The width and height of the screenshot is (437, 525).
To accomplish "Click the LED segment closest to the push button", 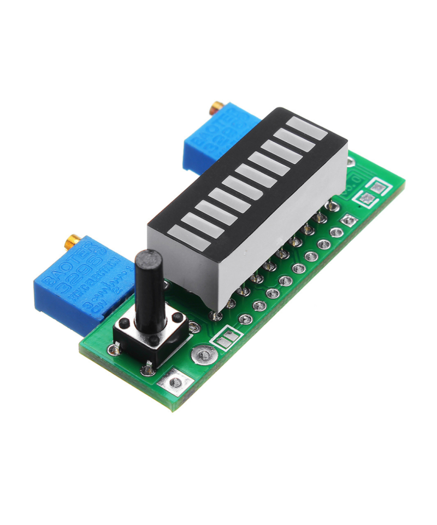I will click(x=188, y=238).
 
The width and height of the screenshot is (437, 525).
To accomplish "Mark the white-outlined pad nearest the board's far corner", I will click(x=376, y=186).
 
